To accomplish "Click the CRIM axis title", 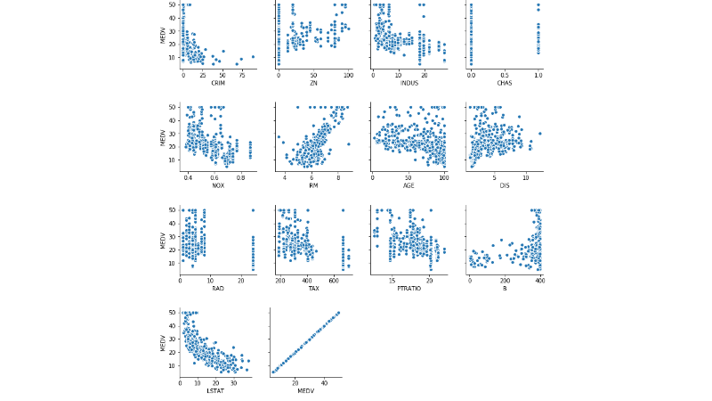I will click(x=218, y=84).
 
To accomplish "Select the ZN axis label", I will click(x=312, y=84).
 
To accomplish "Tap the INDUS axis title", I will click(x=409, y=84).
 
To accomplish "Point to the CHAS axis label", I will click(x=505, y=84).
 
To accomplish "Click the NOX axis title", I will click(x=218, y=186).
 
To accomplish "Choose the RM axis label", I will click(x=312, y=186).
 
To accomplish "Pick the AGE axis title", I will click(x=409, y=186).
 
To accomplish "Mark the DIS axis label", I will click(x=505, y=186).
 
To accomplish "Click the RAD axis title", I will click(x=218, y=289).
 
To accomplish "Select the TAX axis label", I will click(x=312, y=289).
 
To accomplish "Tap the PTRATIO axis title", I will click(x=409, y=289).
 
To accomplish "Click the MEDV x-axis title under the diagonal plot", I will click(x=306, y=391).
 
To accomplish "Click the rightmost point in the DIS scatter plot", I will click(x=539, y=133).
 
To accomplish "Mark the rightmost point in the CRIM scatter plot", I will click(x=253, y=56).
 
